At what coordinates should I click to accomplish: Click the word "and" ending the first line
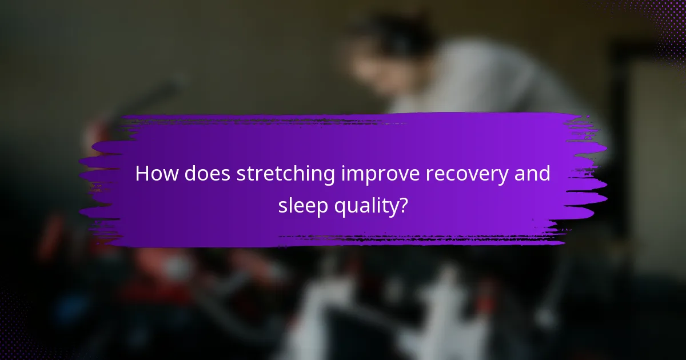(533, 174)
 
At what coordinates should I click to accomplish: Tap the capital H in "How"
(142, 174)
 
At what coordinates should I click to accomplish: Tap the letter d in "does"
(192, 174)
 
